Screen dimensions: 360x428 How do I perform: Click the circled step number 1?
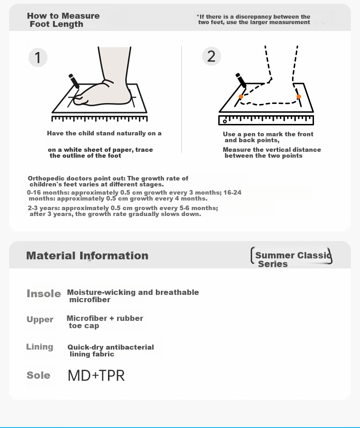pos(38,57)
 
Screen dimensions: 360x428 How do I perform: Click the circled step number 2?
pos(211,56)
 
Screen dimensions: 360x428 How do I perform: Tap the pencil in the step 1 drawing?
pos(74,81)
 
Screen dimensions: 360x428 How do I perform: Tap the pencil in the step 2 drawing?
pos(241,80)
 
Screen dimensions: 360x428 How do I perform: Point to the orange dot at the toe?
pos(241,97)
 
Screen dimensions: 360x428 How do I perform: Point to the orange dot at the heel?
pos(298,97)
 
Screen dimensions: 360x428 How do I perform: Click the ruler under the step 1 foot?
pos(100,119)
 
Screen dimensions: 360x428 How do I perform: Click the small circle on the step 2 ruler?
pos(225,121)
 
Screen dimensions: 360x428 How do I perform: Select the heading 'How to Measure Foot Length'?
pos(63,20)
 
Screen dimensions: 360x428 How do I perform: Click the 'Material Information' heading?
pos(87,256)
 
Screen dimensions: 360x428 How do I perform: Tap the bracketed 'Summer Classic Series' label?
pos(292,256)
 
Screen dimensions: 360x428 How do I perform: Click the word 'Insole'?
pos(44,294)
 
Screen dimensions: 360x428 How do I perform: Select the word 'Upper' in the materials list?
pos(40,320)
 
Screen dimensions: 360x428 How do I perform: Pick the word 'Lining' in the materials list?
pos(40,347)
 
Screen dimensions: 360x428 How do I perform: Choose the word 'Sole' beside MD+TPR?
pos(38,375)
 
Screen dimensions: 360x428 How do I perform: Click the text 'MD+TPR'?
pos(96,376)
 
